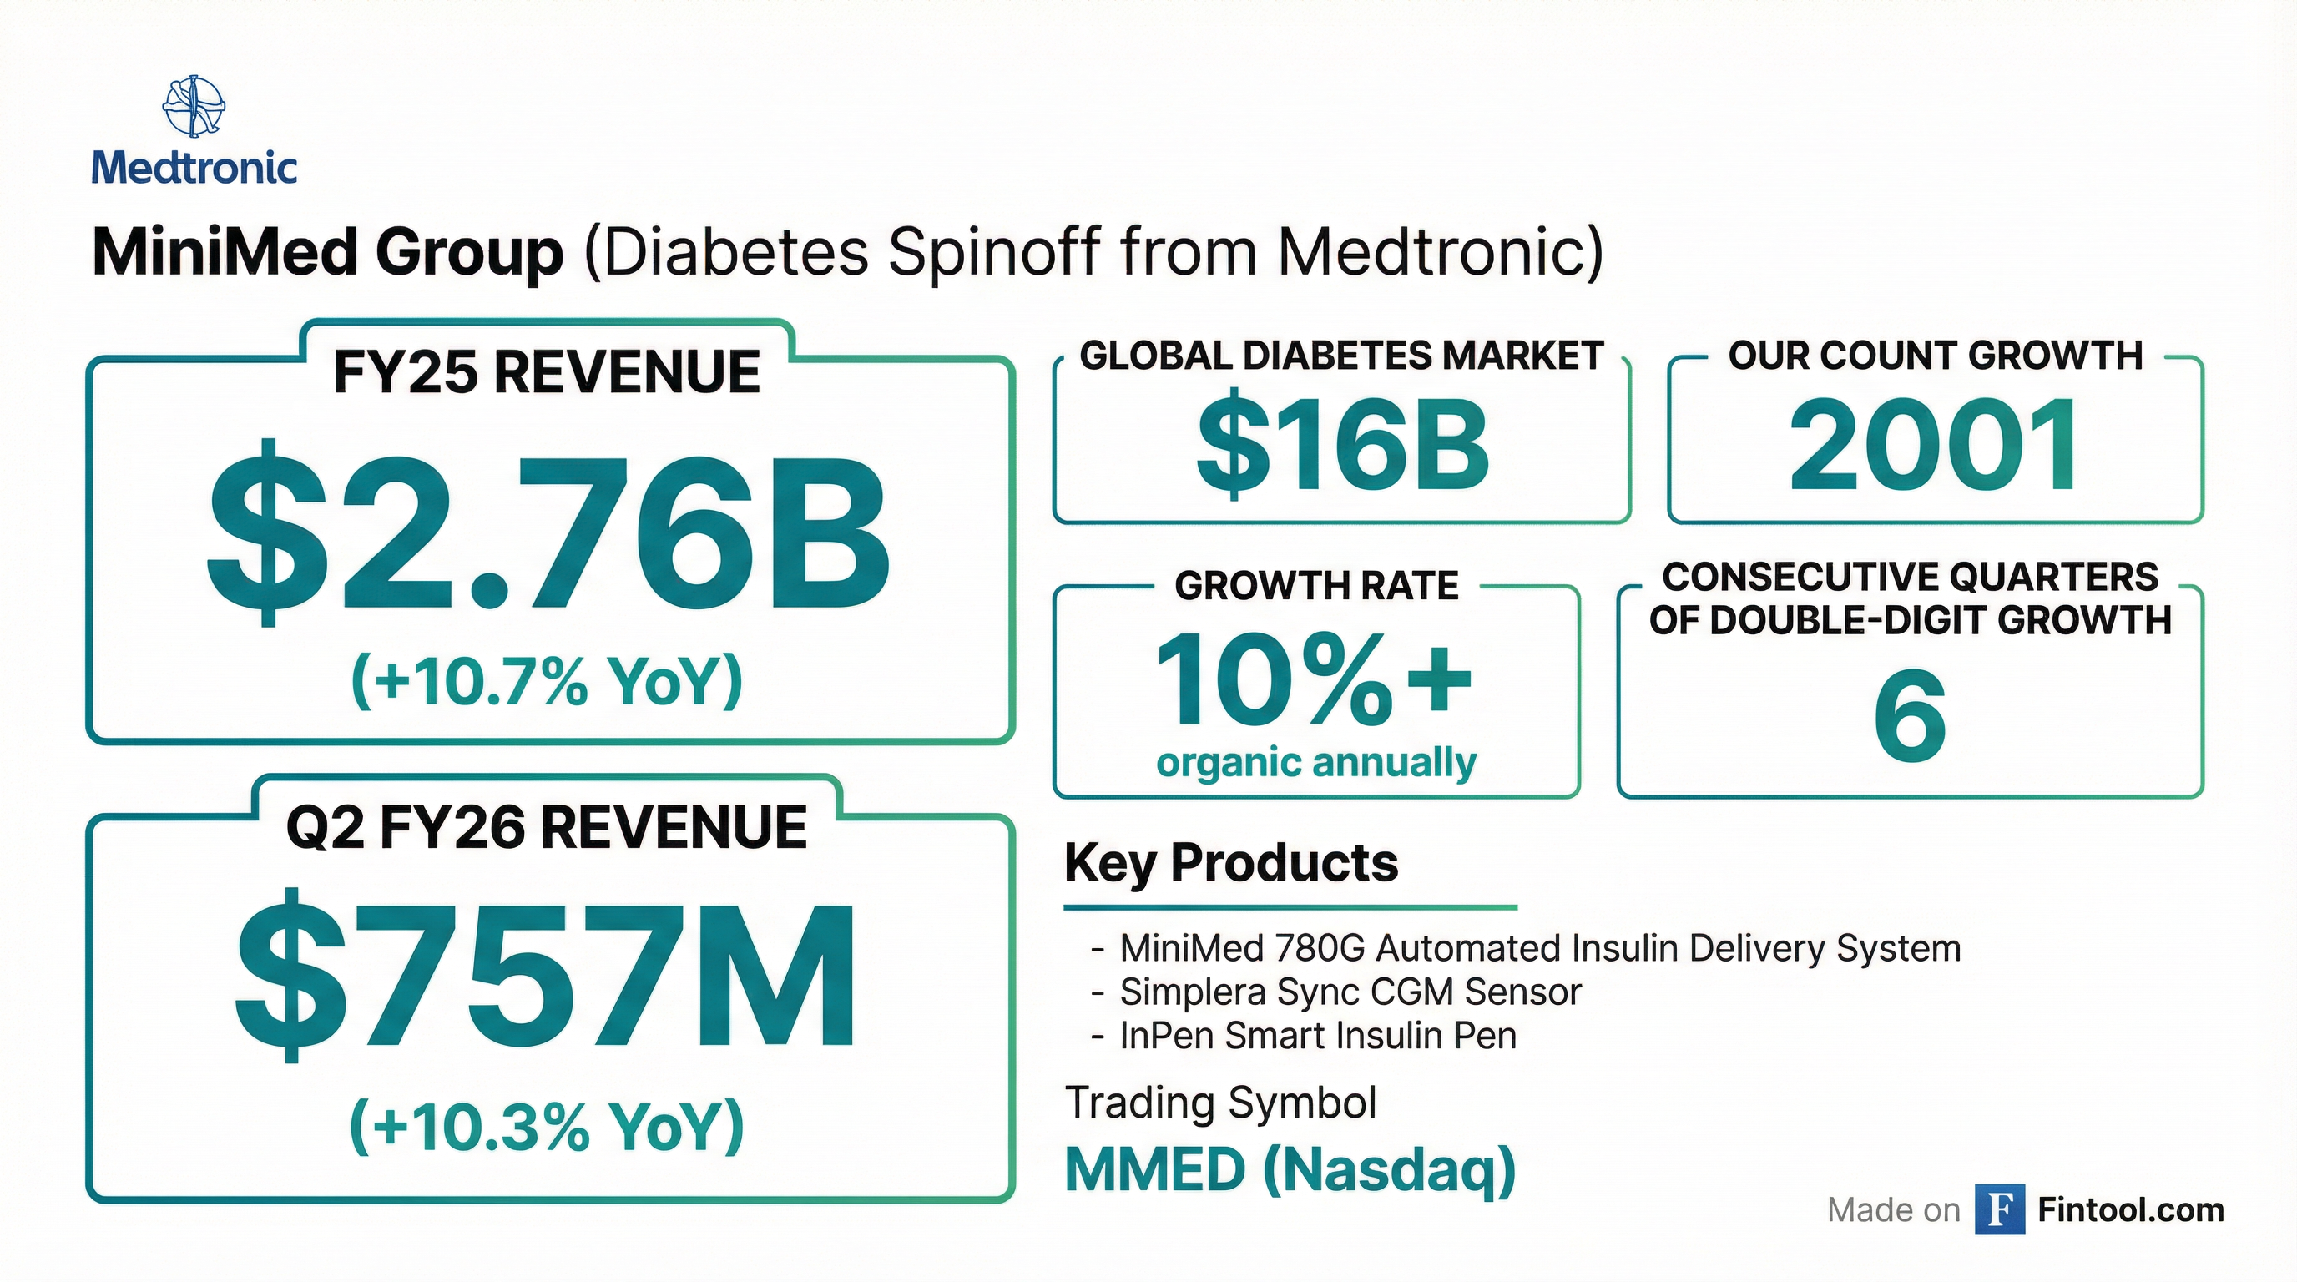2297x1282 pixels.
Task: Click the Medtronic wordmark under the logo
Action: [x=194, y=168]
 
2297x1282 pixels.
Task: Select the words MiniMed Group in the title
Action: [x=327, y=252]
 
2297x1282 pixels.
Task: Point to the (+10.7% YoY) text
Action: [x=548, y=682]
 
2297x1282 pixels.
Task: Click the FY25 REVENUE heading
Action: [x=547, y=372]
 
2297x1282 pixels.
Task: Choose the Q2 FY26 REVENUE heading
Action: [x=547, y=828]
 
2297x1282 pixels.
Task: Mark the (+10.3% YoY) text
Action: [x=548, y=1128]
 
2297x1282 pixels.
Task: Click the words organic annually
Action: [x=1316, y=763]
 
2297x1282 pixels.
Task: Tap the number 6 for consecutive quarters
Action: [x=1910, y=716]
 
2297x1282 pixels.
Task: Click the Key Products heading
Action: [x=1231, y=863]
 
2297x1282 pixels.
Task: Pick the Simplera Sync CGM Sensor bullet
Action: [x=1350, y=992]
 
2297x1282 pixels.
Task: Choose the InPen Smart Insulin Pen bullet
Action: [x=1317, y=1036]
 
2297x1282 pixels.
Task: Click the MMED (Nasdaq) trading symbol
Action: [x=1290, y=1169]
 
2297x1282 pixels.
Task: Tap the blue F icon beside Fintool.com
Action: [x=1999, y=1209]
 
